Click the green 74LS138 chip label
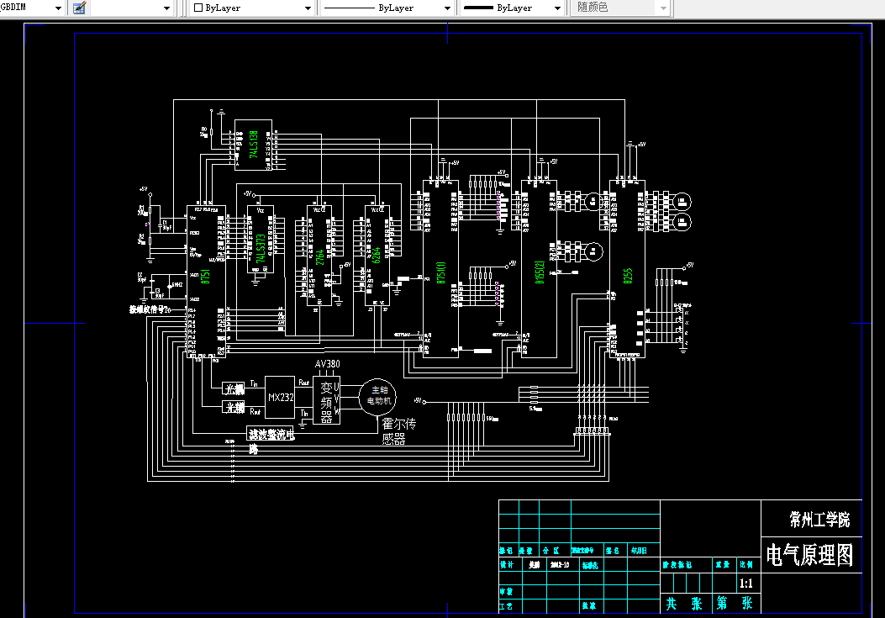point(254,145)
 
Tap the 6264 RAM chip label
point(377,255)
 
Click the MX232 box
point(280,397)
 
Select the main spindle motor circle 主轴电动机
point(376,396)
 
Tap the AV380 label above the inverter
point(327,364)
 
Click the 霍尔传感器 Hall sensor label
point(399,430)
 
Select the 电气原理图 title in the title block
point(809,555)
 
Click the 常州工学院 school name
point(819,519)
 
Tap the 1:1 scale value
point(745,584)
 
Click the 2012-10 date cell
point(560,565)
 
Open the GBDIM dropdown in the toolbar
point(34,8)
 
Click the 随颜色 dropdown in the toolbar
point(622,8)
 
